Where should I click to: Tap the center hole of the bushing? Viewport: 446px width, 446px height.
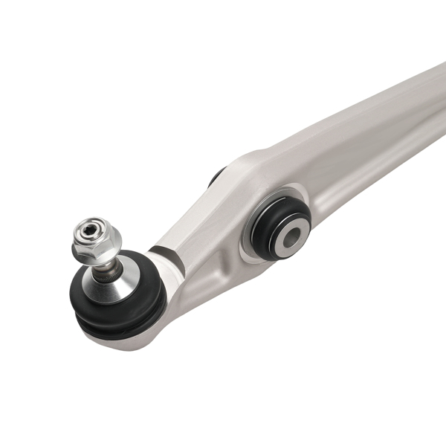coord(291,236)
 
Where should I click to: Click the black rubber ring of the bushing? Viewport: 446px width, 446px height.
coord(272,216)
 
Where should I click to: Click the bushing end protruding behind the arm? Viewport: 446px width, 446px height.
coord(216,176)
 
